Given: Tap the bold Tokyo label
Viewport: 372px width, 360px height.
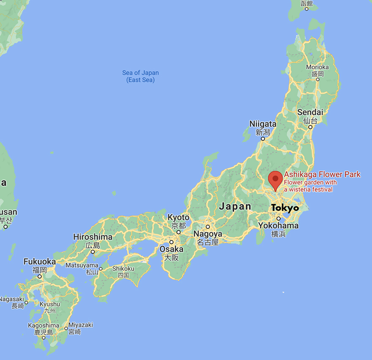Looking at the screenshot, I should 284,208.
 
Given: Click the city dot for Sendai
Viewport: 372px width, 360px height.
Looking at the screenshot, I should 310,127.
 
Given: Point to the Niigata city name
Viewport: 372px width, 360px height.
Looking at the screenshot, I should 263,124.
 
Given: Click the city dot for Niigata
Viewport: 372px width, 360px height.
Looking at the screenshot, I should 263,139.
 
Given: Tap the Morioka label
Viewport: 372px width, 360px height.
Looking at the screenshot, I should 317,67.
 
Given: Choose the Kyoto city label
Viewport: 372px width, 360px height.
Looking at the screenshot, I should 178,218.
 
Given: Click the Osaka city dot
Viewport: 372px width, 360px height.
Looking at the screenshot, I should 171,242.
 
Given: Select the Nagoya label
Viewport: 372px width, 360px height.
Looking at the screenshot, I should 208,234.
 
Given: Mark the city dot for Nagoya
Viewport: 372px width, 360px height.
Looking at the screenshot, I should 208,226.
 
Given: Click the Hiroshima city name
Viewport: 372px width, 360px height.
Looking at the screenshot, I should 93,237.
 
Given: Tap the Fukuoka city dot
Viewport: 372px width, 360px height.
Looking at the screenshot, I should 39,276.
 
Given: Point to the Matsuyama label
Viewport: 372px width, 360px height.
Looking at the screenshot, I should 82,265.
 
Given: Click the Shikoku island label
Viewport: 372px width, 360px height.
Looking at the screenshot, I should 123,269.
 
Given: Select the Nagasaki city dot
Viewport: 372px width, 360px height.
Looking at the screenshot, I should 26,302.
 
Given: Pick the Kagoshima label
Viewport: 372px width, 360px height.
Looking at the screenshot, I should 43,325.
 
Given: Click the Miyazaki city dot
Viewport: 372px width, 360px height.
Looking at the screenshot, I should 66,328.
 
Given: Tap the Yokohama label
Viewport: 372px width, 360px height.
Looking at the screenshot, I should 278,226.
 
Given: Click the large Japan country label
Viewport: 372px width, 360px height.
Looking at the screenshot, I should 235,207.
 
